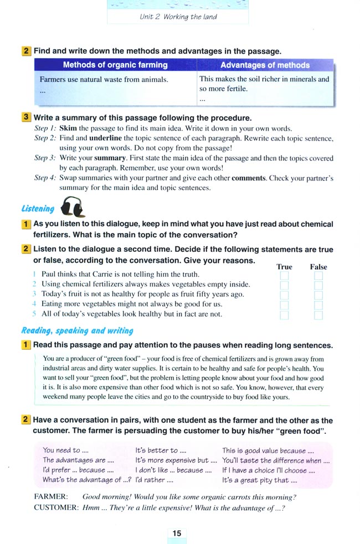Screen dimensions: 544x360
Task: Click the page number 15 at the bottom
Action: coord(177,533)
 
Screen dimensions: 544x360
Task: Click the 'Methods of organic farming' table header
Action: coord(115,65)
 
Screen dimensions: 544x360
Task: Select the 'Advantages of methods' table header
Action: coord(265,65)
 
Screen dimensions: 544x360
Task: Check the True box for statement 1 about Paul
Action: coord(284,276)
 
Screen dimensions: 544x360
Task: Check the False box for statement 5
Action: coord(318,315)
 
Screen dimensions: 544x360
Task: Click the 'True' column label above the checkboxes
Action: coord(284,267)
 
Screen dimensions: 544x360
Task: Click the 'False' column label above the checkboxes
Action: coord(318,267)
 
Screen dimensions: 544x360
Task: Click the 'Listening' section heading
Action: coord(38,209)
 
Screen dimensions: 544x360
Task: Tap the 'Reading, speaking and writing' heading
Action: coord(77,330)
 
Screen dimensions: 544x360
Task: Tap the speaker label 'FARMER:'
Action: coord(51,497)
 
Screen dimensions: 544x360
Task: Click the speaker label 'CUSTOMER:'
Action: coord(55,507)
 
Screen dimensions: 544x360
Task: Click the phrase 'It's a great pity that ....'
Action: coord(256,480)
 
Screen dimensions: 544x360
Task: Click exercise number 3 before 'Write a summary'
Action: coord(27,118)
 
